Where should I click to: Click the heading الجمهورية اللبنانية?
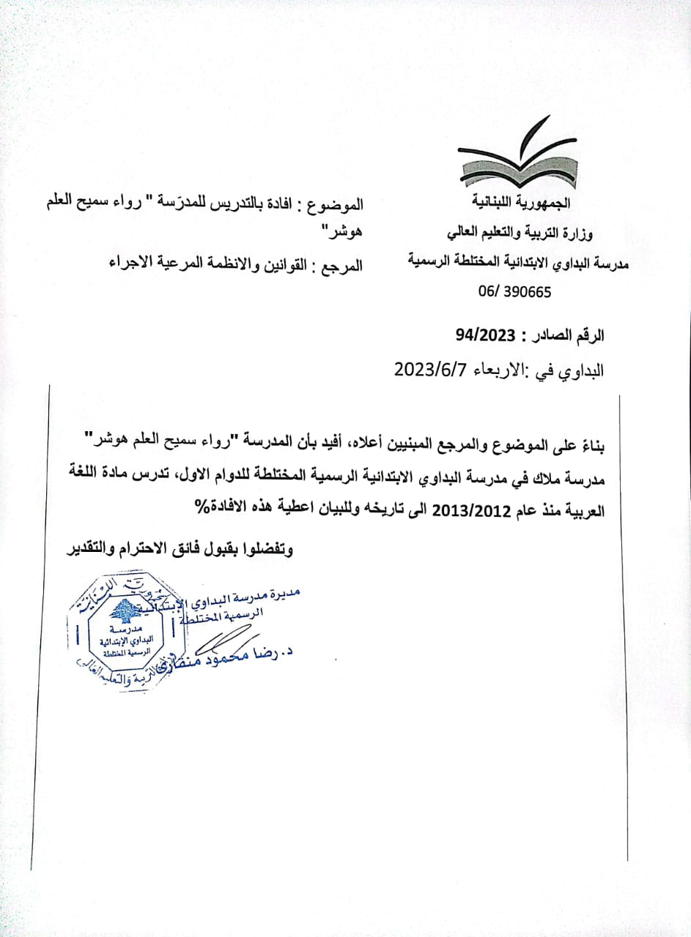(x=523, y=201)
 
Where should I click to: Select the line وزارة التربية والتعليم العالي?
(x=520, y=233)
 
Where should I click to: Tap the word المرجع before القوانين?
(x=342, y=264)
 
